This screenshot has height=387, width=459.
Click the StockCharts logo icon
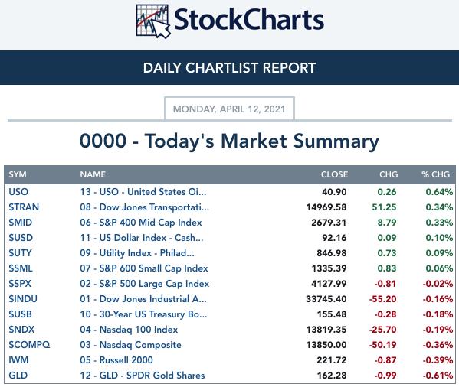[153, 21]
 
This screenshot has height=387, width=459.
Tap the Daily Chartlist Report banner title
[230, 68]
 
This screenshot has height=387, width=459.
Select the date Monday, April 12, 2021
[229, 109]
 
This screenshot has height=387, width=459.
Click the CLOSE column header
[334, 174]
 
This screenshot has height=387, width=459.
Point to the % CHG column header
[435, 174]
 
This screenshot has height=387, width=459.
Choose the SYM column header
[18, 174]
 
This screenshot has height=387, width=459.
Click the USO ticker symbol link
[18, 192]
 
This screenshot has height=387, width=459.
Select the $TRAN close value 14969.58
[326, 207]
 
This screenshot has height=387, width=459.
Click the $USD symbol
[21, 238]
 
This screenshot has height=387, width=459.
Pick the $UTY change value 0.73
[387, 253]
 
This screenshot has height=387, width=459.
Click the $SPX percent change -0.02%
[438, 284]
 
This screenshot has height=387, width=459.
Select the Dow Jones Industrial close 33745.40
[326, 299]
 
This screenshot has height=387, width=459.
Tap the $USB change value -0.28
[385, 314]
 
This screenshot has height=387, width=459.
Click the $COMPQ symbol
[29, 345]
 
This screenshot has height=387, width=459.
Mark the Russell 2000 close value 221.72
[332, 360]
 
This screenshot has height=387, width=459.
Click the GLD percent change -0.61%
[438, 376]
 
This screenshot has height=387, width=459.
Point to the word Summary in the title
[336, 142]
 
